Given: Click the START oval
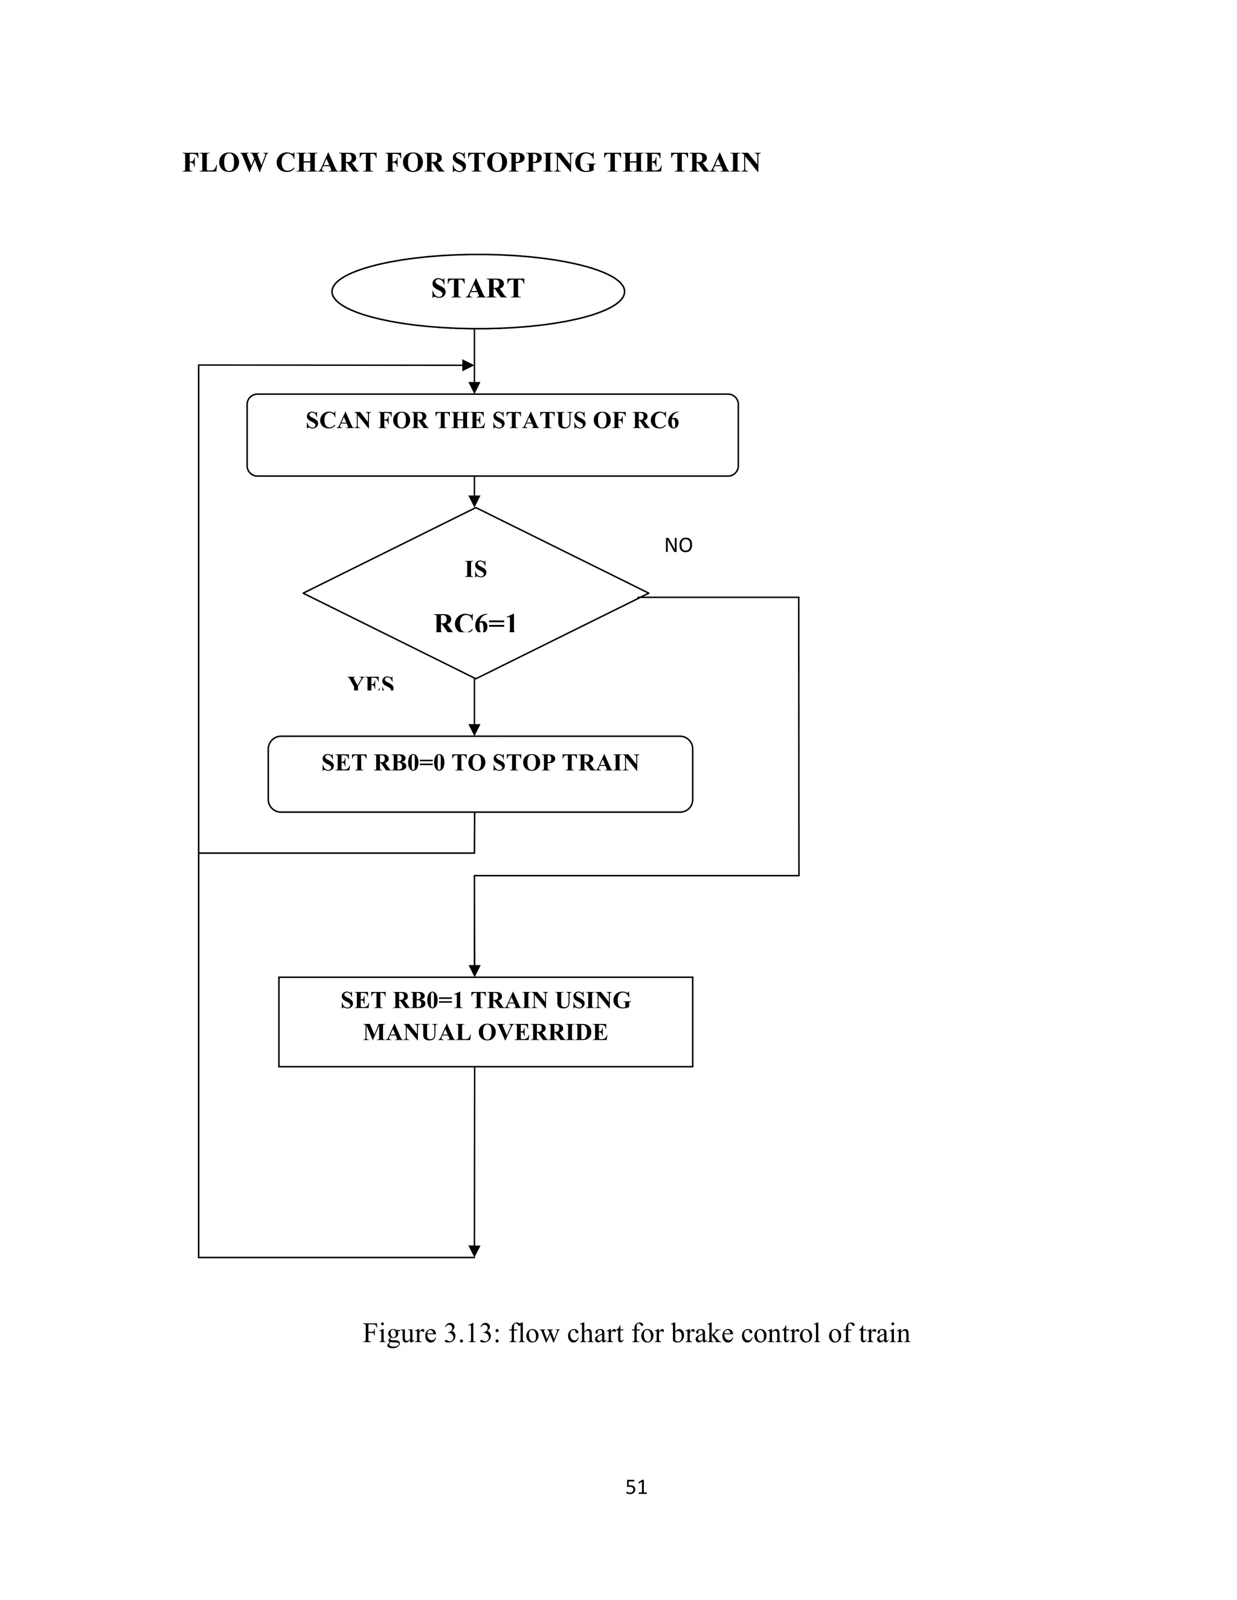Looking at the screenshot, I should tap(478, 291).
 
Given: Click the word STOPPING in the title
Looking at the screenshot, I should tap(524, 162).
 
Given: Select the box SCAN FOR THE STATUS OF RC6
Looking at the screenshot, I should tap(492, 435).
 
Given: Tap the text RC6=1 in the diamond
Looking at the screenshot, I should tap(475, 624).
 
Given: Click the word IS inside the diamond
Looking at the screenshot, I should tap(475, 569).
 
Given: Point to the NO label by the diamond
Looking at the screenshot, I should tap(678, 545).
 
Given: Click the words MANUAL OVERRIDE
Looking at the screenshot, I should tap(485, 1032).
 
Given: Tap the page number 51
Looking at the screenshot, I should tap(636, 1486).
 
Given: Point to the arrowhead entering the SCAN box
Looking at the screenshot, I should tap(474, 388).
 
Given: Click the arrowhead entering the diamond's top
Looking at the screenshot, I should tap(474, 502).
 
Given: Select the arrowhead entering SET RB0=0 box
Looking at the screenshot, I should tap(474, 730).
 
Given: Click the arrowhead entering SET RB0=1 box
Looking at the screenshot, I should tap(474, 971).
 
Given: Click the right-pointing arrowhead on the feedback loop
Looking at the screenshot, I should tap(467, 365).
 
